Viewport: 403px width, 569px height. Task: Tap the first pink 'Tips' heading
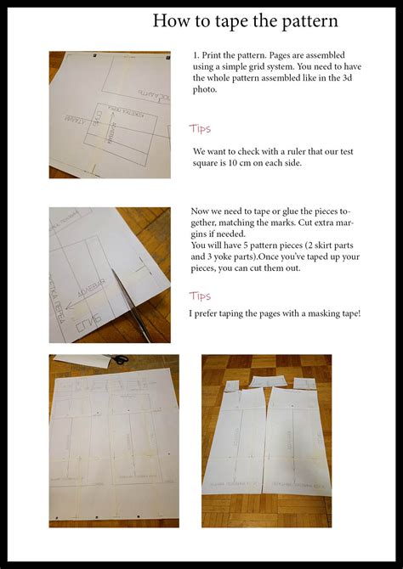201,129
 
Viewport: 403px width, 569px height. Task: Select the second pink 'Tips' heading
201,296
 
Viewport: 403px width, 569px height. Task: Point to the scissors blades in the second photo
128,297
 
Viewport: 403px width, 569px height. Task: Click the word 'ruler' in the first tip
300,152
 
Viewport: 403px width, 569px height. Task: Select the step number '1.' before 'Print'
196,55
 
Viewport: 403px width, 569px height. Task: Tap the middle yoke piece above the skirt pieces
264,382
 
